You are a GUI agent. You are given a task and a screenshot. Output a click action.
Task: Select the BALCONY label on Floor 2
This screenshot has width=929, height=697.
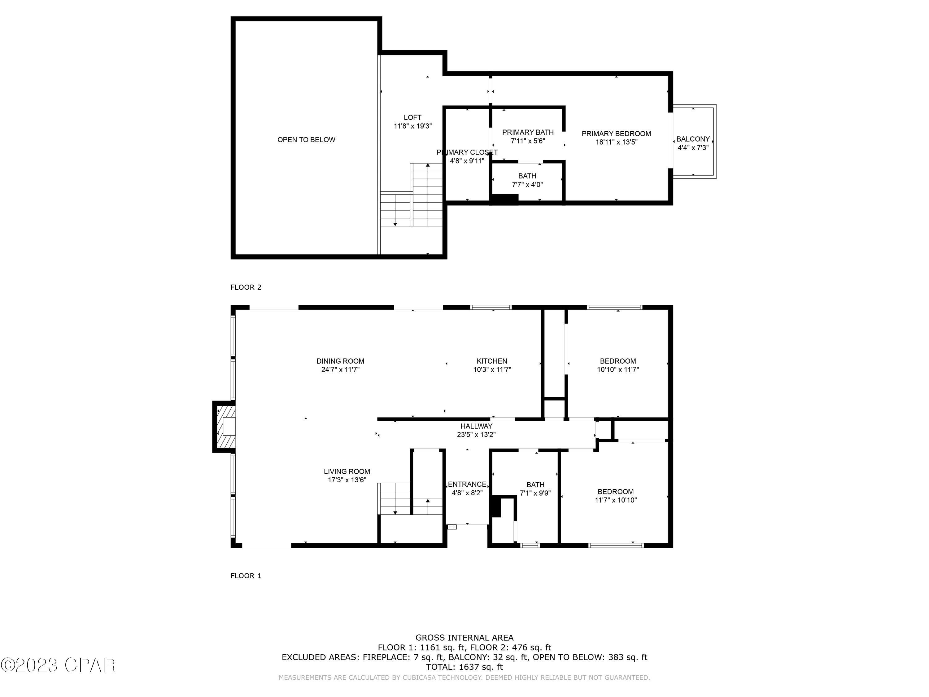coord(693,139)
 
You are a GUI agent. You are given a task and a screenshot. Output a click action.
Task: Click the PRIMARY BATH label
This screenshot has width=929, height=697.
coord(528,132)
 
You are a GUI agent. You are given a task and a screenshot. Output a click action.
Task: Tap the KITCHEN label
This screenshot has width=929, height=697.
coord(492,361)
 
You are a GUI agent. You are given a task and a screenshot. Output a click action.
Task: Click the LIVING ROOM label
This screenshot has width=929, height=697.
coord(347,472)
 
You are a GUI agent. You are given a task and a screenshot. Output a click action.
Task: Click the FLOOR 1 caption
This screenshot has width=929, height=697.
coord(246,576)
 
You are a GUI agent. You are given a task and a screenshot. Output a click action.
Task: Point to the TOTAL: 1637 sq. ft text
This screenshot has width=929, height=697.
coord(464,667)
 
